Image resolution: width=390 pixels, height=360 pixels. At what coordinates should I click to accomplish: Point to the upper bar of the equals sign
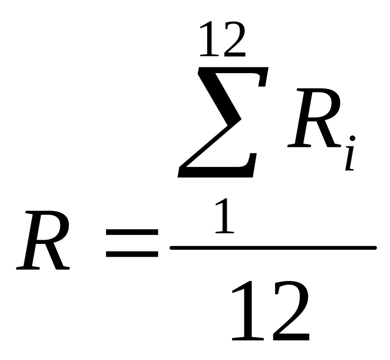[x=132, y=232]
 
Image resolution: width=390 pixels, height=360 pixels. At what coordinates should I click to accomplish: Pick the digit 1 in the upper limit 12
[x=208, y=39]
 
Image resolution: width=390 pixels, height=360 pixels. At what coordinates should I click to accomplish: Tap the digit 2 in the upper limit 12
[x=234, y=39]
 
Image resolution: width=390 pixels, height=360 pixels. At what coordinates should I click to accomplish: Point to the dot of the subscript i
[x=352, y=139]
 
